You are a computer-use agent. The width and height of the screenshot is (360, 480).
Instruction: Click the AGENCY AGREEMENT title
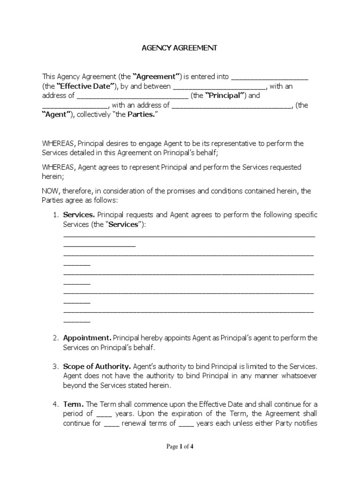[x=180, y=48]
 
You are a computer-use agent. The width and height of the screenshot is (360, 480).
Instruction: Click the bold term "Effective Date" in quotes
[x=86, y=86]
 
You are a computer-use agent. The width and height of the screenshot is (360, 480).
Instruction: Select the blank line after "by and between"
[x=220, y=87]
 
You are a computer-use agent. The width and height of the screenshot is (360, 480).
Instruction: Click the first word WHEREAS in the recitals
[x=59, y=143]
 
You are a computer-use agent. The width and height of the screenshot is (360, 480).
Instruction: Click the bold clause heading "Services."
[x=79, y=215]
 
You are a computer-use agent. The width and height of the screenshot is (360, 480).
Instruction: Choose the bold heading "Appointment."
[x=87, y=337]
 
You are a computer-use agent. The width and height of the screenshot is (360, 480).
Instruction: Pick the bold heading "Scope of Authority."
[x=97, y=366]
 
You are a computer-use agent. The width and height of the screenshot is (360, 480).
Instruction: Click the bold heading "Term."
[x=74, y=404]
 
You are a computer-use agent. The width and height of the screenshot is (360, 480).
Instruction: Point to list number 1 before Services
[x=55, y=215]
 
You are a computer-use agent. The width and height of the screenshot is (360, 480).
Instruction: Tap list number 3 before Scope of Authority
[x=55, y=366]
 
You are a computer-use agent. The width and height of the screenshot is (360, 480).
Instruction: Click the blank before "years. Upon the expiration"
[x=104, y=414]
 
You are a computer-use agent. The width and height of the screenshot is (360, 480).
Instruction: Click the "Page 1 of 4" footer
[x=180, y=447]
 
